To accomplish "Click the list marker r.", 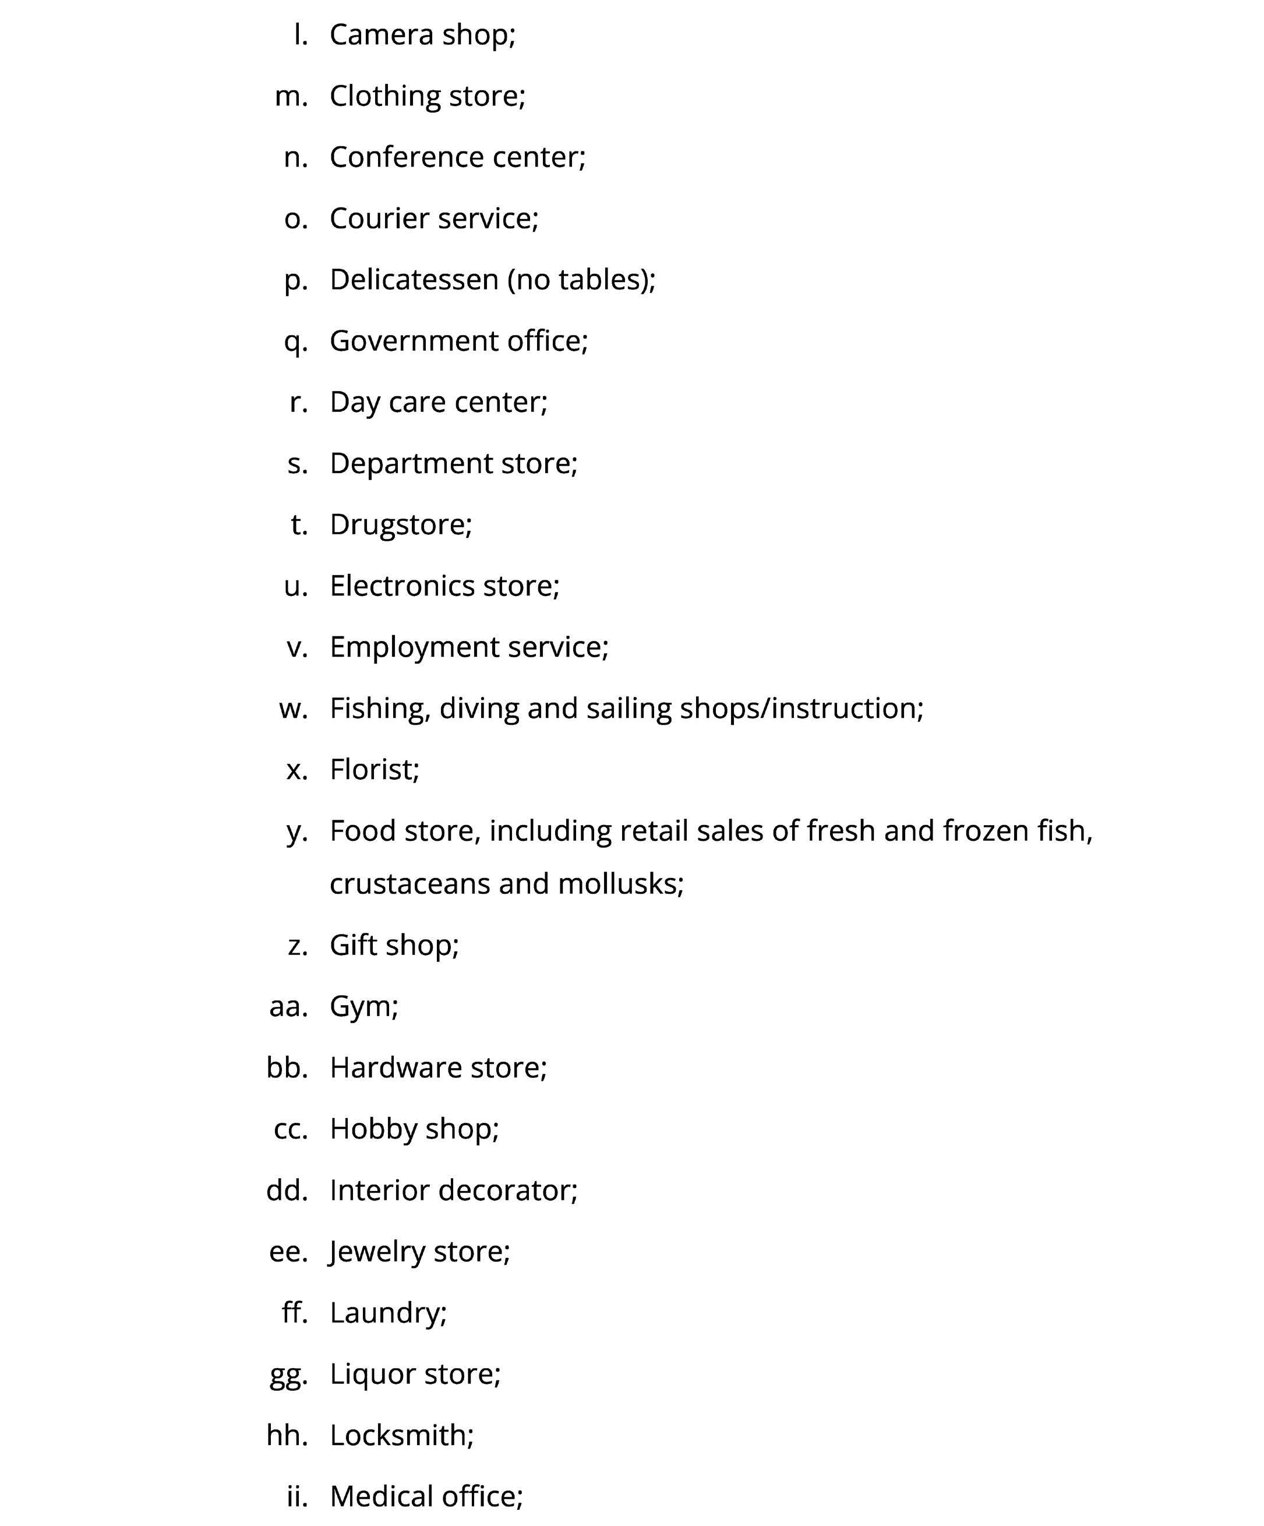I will (298, 402).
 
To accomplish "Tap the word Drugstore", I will (400, 524).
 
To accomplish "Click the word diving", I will (479, 709).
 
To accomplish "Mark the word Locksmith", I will (401, 1435).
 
